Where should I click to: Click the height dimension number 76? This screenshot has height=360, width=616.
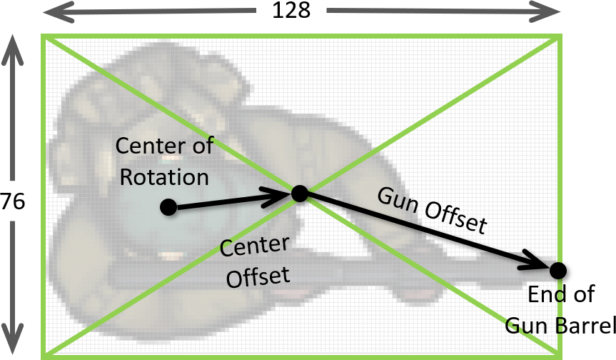tap(14, 202)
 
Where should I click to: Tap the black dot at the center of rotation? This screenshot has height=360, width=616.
tap(168, 207)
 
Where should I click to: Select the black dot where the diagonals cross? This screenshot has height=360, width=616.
tap(299, 193)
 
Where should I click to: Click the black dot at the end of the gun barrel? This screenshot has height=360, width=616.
tap(558, 270)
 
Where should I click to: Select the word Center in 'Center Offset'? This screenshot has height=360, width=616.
tap(254, 247)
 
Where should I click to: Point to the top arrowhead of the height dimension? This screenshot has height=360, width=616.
tap(14, 44)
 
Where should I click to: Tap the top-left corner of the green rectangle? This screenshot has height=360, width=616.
tap(44, 36)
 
